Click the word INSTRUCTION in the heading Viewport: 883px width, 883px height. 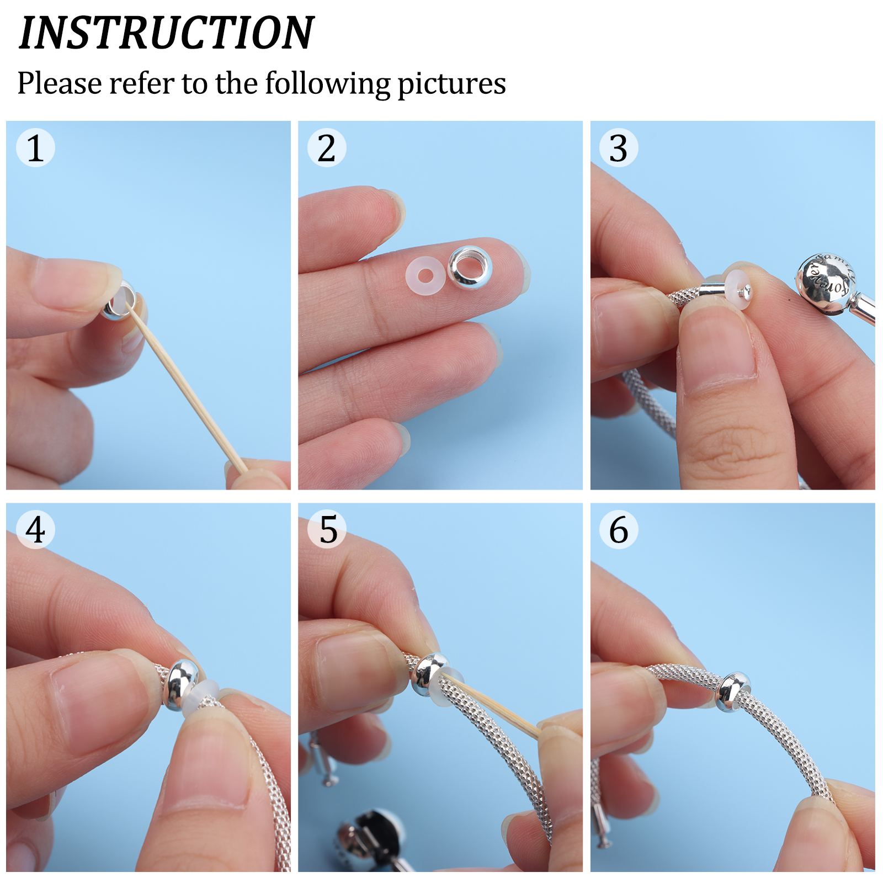[x=167, y=33]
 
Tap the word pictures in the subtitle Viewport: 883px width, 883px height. [x=451, y=84]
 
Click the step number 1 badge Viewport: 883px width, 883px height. [x=35, y=147]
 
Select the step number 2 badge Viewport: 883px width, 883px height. [x=327, y=147]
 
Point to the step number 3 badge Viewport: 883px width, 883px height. [x=619, y=147]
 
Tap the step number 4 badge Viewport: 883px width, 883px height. [x=35, y=529]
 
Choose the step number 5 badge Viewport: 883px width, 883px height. [x=327, y=529]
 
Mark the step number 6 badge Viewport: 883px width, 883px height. [x=619, y=529]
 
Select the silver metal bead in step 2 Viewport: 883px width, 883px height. [x=470, y=268]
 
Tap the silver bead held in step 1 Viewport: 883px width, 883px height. [x=118, y=301]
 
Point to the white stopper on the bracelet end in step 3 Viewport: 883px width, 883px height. [x=738, y=289]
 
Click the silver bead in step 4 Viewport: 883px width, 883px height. [x=182, y=684]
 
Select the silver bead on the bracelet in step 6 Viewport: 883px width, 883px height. [x=733, y=692]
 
